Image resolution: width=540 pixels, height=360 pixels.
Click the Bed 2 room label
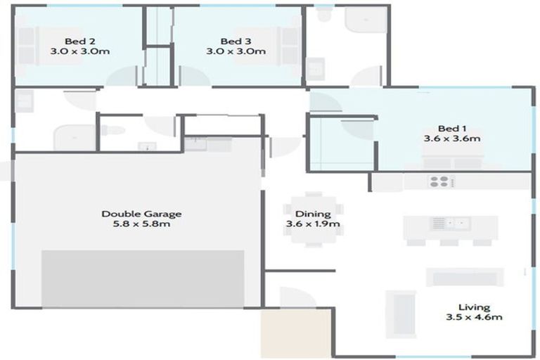(79, 41)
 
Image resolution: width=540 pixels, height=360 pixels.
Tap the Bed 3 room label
(235, 41)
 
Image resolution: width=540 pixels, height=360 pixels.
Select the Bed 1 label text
(452, 128)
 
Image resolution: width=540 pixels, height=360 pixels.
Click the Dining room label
(313, 214)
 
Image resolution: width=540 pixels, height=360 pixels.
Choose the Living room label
(473, 307)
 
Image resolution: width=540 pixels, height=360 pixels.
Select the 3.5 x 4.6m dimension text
(473, 317)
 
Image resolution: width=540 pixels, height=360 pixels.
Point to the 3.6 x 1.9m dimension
(313, 224)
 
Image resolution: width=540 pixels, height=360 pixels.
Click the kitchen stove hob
(442, 181)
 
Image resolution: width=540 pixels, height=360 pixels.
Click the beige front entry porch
(296, 333)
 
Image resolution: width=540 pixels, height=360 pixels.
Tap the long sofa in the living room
(463, 277)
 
